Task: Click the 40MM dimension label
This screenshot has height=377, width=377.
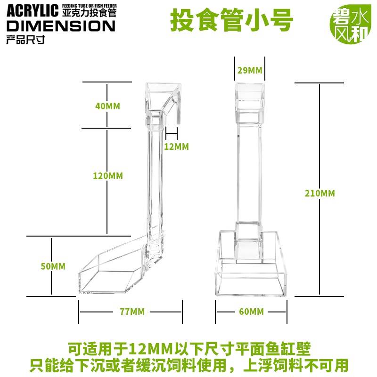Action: point(107,106)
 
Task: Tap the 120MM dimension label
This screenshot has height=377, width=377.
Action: point(108,176)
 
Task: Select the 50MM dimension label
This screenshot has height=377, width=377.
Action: point(53,266)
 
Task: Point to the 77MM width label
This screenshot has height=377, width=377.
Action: point(132,311)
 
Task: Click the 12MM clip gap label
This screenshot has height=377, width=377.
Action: point(176,147)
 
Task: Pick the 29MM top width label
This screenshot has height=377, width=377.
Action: point(250,70)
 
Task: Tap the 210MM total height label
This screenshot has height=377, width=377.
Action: point(320,193)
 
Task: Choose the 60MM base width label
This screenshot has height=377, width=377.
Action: point(251,311)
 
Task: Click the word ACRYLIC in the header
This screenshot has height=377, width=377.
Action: point(33,11)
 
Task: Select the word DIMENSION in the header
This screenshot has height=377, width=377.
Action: point(61,26)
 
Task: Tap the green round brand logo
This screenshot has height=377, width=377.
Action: point(350,24)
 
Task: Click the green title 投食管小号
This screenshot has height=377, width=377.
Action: point(231,20)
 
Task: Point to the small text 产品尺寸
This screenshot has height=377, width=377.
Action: point(25,40)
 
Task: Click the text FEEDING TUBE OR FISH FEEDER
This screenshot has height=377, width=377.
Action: point(90,6)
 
